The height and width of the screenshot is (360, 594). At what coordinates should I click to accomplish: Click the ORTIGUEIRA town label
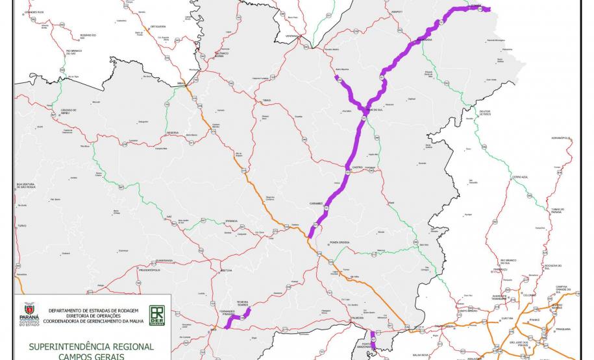158,27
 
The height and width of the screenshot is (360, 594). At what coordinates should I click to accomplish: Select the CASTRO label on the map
357,167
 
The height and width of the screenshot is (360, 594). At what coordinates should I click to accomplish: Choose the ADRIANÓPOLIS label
560,138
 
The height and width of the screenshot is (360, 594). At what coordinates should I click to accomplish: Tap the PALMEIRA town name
356,318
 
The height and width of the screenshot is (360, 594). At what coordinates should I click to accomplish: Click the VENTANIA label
291,36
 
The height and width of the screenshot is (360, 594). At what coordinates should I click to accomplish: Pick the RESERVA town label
173,132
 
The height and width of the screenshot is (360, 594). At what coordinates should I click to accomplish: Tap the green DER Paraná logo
157,315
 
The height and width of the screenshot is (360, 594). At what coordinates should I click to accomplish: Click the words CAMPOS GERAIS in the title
90,355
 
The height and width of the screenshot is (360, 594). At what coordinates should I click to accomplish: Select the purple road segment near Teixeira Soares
238,318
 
